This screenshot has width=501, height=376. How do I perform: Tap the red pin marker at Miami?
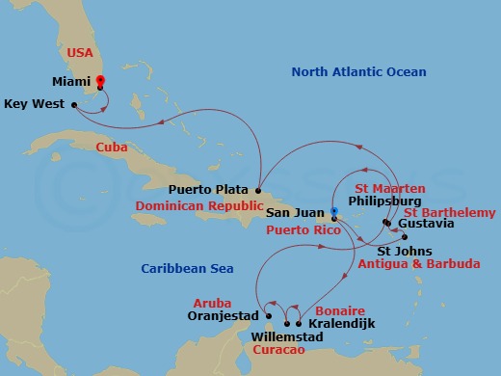(100, 82)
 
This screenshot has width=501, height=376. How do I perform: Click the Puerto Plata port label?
(209, 190)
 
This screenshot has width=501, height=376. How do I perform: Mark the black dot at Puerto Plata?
(259, 190)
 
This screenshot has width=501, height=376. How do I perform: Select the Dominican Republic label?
(198, 205)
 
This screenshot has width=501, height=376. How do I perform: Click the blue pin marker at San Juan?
(334, 211)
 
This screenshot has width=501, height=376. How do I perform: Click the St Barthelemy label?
(450, 212)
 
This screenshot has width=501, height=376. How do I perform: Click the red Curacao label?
(277, 351)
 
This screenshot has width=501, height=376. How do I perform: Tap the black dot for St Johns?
(405, 237)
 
